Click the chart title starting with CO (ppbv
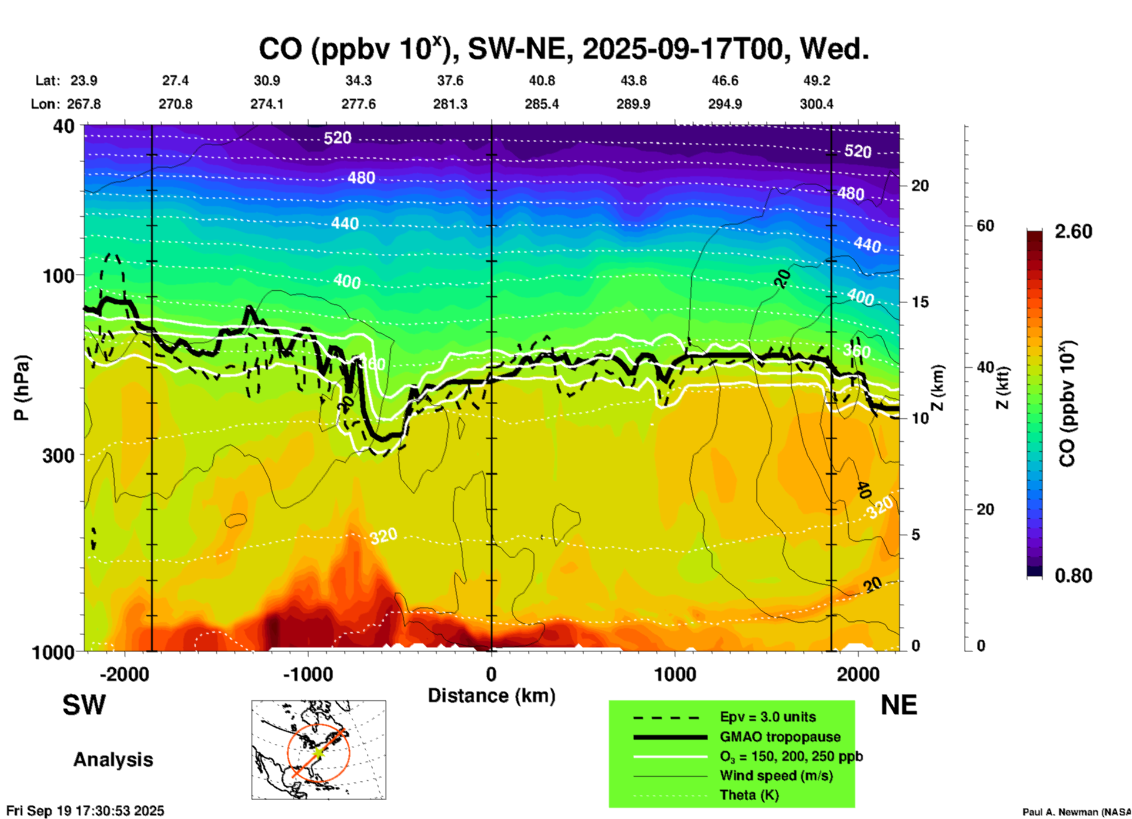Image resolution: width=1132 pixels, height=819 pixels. coord(563,49)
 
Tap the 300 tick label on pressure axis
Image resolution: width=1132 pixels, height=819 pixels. coord(58,455)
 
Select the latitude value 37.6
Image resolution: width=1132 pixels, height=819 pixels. coord(450,80)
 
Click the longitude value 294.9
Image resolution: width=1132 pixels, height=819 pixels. coord(724,104)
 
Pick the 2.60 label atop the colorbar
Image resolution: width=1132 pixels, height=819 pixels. coord(1073,232)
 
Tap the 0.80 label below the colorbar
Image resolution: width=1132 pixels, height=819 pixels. coord(1073,576)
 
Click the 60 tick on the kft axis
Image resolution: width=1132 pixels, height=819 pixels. coord(985,226)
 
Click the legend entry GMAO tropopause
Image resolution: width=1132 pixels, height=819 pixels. coord(780,737)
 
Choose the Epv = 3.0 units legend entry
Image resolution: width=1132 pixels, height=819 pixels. coord(768,717)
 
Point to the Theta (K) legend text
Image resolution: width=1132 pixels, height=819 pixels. coord(749,795)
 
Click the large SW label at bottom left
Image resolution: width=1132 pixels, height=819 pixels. coord(84,705)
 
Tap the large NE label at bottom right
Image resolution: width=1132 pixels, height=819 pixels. coord(899,705)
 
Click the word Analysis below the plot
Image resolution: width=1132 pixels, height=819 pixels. coord(113,760)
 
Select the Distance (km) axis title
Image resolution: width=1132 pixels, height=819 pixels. coord(491,696)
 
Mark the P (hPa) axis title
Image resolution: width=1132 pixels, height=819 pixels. coord(22,387)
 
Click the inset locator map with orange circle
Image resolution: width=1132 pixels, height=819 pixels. coord(319,750)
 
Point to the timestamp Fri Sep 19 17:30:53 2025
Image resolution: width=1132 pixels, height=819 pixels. coord(85,811)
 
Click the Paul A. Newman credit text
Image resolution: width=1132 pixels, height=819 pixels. coord(1076,812)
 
